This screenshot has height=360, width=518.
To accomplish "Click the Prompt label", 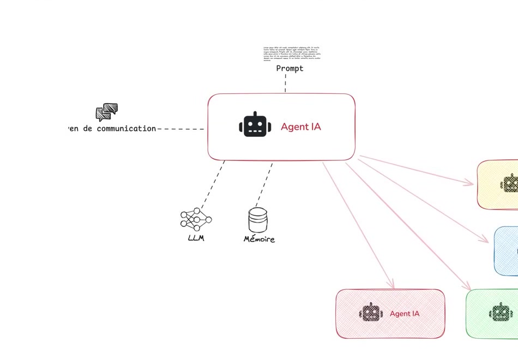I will (290, 69).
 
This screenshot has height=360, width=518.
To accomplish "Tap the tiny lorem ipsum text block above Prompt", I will (292, 53).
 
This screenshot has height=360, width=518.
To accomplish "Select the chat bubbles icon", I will (107, 112).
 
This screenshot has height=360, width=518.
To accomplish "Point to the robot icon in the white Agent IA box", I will (255, 125).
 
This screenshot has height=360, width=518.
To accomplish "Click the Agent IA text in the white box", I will (301, 127).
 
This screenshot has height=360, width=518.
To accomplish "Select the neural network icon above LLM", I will (196, 219).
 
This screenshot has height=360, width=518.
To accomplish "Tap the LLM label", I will (196, 238).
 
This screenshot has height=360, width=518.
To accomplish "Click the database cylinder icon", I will (258, 220).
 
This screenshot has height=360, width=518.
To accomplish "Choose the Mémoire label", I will (259, 239).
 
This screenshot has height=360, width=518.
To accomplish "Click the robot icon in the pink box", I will (371, 313).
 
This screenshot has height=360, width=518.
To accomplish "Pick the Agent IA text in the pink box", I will (405, 314).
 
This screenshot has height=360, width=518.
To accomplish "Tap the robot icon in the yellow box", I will (509, 183).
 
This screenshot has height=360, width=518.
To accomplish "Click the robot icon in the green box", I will (501, 313).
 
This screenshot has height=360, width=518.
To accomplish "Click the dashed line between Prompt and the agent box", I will (285, 83).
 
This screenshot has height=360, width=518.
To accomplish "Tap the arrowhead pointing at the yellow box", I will (471, 183).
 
